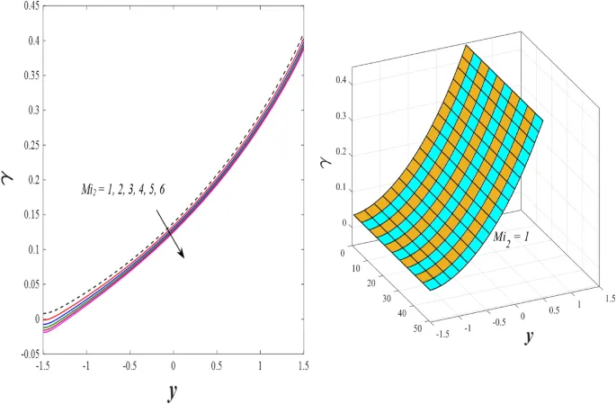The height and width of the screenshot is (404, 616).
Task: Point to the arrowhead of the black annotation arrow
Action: pyautogui.click(x=183, y=256)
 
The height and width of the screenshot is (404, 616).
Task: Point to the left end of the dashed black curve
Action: pyautogui.click(x=44, y=313)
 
